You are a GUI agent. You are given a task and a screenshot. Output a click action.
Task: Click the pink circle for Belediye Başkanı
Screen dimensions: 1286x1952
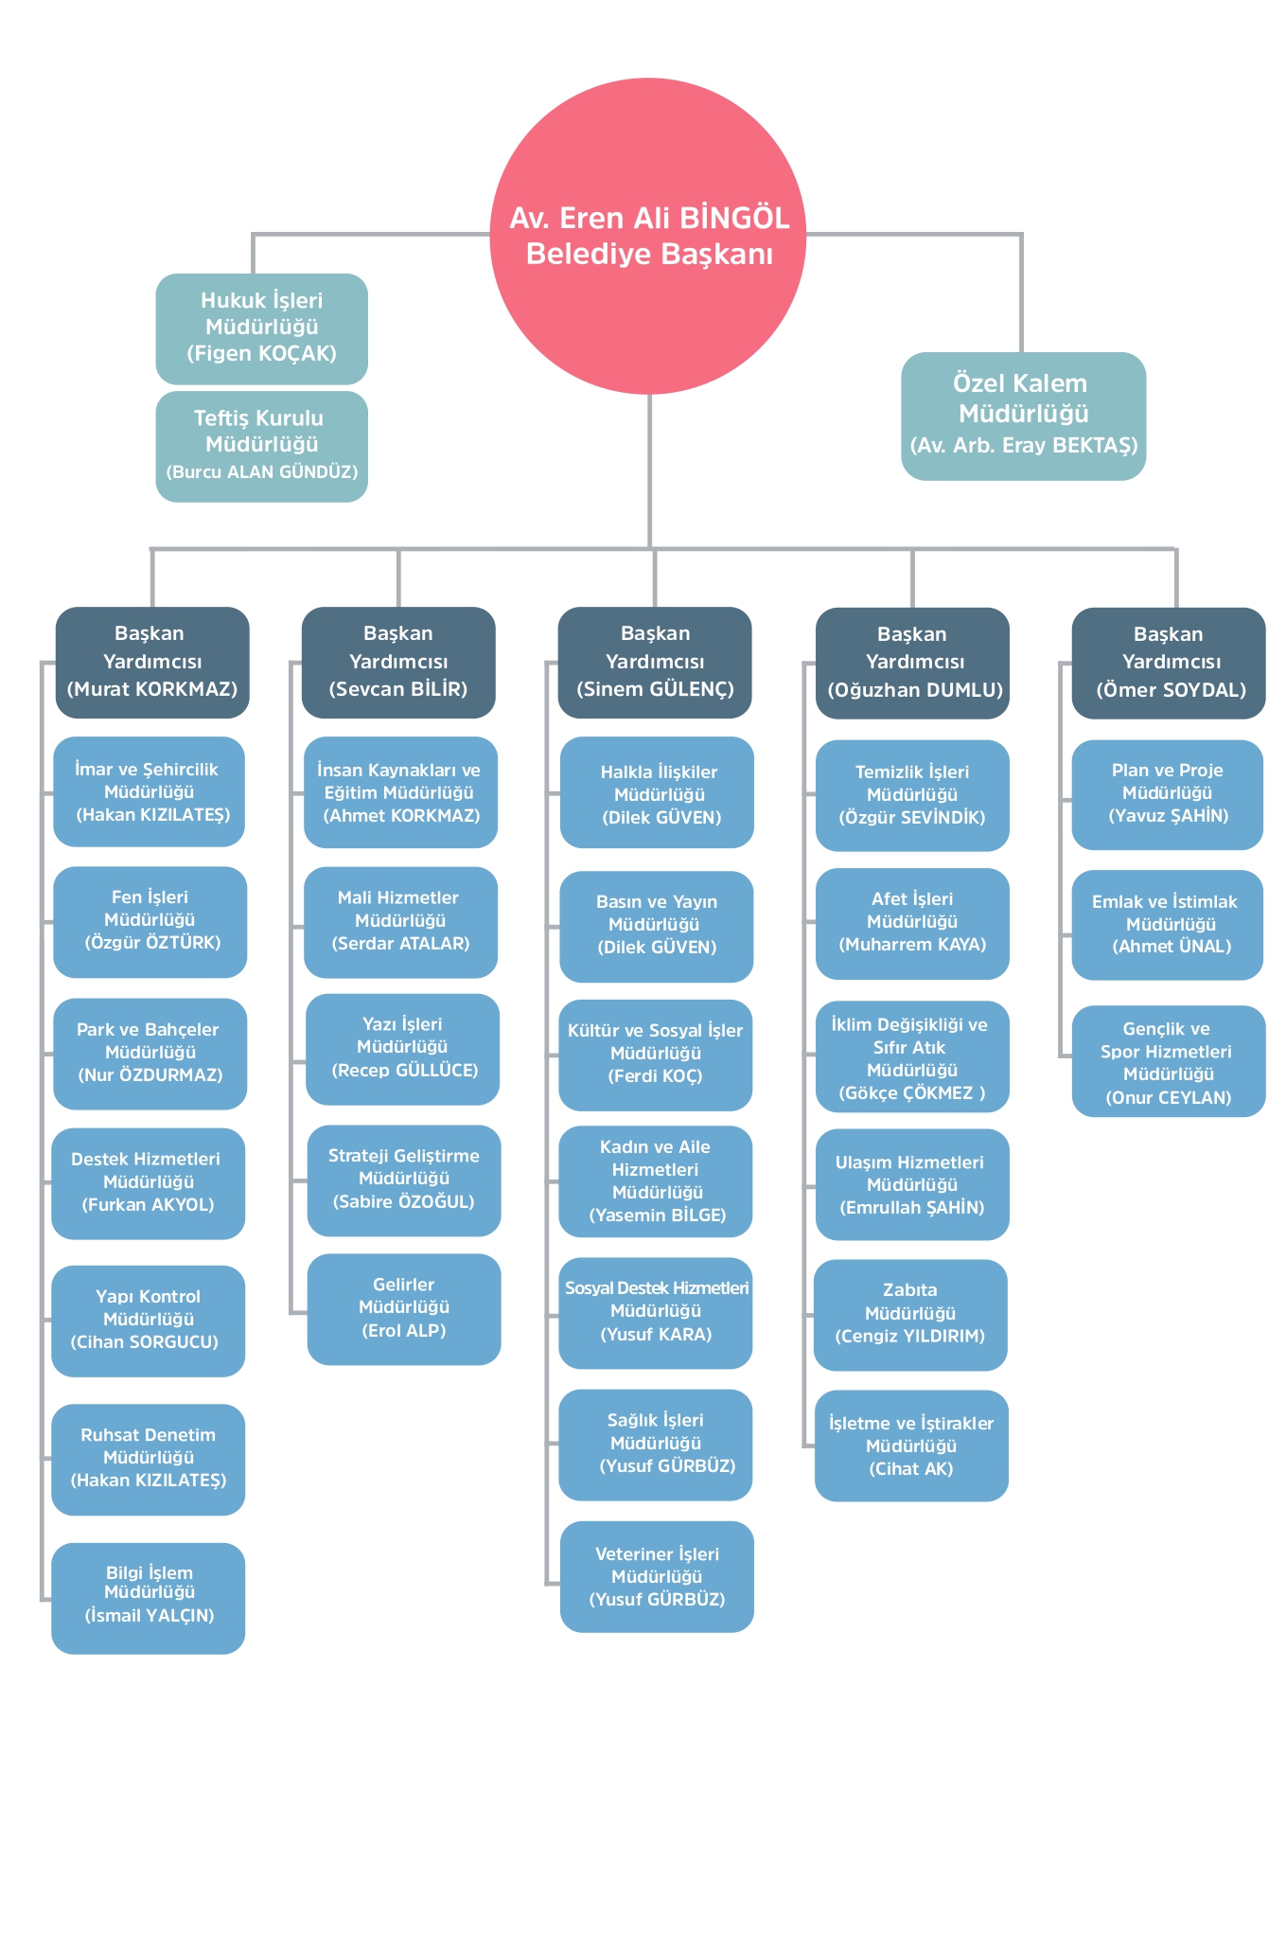pos(648,236)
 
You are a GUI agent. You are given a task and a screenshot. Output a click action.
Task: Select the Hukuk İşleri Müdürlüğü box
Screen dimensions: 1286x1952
pos(262,328)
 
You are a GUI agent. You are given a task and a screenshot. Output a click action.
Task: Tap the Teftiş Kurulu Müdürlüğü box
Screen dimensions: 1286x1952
pos(262,447)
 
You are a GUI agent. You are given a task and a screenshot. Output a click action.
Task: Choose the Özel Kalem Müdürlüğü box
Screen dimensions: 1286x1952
pos(1024,417)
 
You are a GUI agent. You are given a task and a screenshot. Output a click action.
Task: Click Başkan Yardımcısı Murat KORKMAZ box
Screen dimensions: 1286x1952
pos(152,663)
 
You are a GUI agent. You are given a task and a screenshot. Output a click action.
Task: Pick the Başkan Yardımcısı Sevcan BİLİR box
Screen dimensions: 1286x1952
pos(398,663)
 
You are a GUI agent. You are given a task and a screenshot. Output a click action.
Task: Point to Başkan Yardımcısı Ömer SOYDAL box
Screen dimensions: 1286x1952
pos(1169,663)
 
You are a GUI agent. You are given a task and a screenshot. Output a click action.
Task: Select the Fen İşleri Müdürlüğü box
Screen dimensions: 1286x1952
pos(150,922)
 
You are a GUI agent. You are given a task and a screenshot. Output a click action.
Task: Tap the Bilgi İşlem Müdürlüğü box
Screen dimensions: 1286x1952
pos(149,1599)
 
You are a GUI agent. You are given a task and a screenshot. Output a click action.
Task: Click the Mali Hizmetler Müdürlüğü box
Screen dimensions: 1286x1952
pos(401,922)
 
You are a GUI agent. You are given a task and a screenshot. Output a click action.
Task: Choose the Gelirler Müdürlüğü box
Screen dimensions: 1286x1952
pos(404,1309)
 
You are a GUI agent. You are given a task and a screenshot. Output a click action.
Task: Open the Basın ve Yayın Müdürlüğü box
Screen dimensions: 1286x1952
pos(657,927)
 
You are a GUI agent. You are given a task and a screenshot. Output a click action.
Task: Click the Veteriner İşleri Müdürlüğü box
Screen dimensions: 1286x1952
pos(657,1577)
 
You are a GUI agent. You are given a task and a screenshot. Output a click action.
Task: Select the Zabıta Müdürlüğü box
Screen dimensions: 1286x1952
pos(910,1315)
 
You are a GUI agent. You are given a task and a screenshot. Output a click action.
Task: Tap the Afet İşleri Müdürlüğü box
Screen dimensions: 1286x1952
pos(912,924)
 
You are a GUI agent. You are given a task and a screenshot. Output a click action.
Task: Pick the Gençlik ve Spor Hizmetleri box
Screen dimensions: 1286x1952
pos(1169,1061)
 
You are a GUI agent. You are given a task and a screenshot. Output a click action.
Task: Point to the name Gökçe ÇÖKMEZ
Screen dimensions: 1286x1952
pos(912,1093)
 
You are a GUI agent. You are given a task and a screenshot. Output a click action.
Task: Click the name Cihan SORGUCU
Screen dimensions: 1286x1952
pos(145,1342)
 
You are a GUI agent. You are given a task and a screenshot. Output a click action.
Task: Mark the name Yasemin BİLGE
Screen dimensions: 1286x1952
pos(658,1216)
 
